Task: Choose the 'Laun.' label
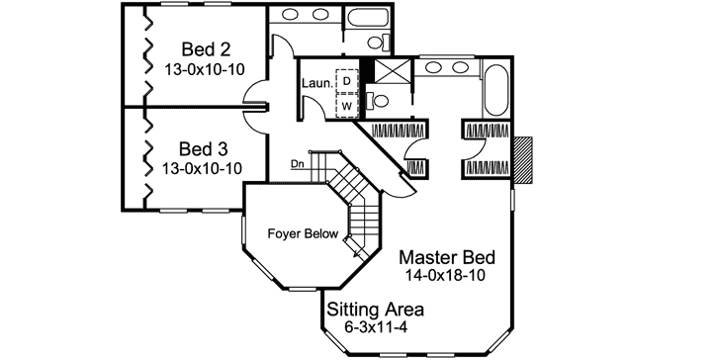(317, 85)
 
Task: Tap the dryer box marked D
(347, 80)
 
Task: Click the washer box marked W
(347, 104)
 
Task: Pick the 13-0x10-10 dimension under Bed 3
(202, 168)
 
